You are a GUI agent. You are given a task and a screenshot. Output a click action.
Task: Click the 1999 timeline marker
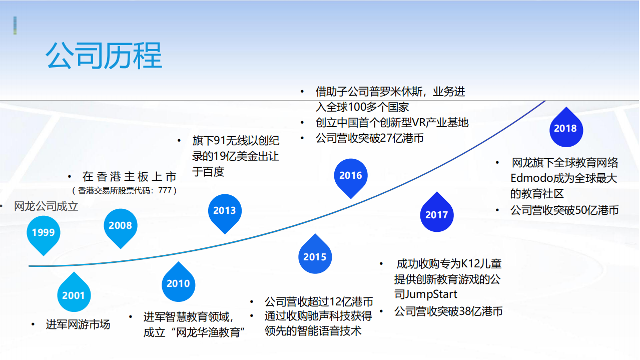point(44,233)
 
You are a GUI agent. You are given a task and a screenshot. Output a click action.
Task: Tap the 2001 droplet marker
point(74,295)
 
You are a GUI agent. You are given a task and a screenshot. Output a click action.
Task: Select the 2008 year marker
point(120,226)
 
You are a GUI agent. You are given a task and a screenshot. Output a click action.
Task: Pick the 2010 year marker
point(178,283)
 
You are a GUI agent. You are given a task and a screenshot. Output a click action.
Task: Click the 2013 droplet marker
point(225,211)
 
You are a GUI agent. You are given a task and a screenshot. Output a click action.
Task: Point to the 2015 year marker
point(315,257)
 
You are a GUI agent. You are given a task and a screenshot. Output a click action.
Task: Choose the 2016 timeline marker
point(350,176)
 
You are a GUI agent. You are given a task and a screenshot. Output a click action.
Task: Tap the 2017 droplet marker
point(436,215)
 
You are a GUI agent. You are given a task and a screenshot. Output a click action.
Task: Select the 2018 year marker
point(565,129)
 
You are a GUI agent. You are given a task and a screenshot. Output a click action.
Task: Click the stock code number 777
point(165,191)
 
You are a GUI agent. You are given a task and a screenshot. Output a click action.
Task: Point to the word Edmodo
point(529,178)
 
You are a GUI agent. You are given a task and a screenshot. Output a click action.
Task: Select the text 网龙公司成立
point(46,206)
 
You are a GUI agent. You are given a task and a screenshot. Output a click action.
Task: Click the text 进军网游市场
point(78,324)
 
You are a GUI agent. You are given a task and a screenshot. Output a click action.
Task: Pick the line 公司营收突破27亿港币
point(369,138)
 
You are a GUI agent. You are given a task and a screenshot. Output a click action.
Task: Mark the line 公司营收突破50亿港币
point(564,210)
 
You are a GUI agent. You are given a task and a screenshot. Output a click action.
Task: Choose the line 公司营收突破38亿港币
point(448,311)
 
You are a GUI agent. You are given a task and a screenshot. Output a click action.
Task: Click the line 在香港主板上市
point(129,177)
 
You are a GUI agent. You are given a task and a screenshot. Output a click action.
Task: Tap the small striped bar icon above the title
point(15,26)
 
